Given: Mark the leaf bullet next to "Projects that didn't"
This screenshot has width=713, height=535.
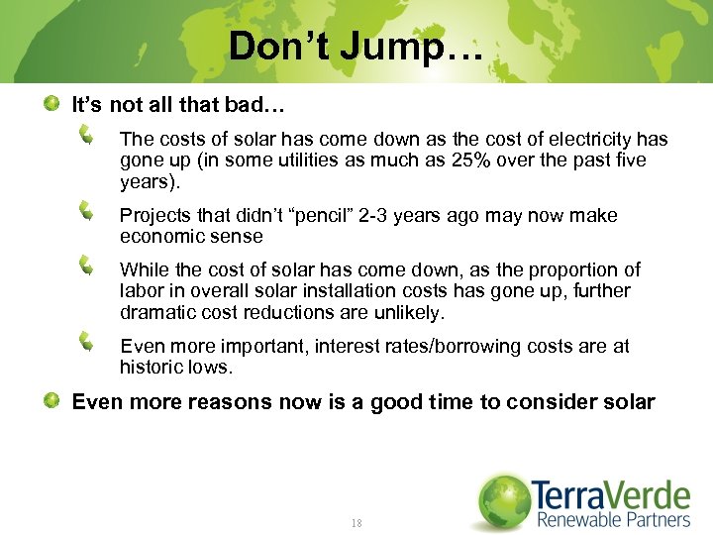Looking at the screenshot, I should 88,210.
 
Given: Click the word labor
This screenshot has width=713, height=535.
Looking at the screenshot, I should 140,291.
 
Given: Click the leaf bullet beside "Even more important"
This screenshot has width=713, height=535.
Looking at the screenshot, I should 88,342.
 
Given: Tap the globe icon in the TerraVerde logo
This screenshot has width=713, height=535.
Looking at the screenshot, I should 503,501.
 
